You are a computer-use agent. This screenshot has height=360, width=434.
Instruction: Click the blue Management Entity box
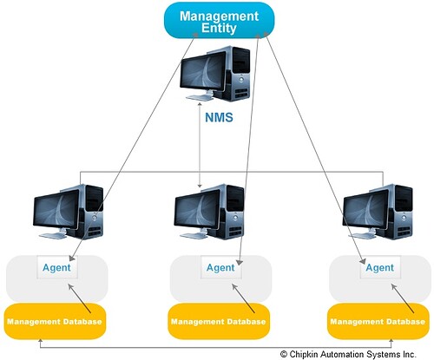coord(220,20)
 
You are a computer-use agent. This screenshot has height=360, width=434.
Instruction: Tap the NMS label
coord(219,117)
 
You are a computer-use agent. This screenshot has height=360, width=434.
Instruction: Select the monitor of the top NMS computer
coord(203,72)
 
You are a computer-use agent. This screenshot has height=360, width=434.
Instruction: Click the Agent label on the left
coord(56,268)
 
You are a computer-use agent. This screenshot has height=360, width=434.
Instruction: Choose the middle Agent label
coord(220,268)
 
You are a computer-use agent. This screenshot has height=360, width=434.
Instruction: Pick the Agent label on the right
coord(379,268)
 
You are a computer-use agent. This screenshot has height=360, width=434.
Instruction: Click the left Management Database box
coord(55,321)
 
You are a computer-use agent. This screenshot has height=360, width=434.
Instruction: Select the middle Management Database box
coord(219,321)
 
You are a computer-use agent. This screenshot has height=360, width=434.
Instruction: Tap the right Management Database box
coord(378,321)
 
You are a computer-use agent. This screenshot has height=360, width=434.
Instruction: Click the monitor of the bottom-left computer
coord(56,209)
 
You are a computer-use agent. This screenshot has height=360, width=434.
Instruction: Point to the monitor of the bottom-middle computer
coord(197,209)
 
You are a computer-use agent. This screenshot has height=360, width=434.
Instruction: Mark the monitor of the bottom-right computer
coord(365,209)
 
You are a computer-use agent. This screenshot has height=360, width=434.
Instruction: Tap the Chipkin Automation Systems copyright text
coord(348,354)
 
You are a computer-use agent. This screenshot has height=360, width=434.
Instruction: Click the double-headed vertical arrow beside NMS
coord(200,145)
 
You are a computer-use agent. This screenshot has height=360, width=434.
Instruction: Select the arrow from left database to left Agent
coord(79,298)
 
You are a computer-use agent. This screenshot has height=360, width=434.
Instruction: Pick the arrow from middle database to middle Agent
coord(243,298)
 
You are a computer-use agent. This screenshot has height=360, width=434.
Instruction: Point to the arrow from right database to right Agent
coord(403,298)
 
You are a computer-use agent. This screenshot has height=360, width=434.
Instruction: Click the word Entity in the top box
coord(219,29)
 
